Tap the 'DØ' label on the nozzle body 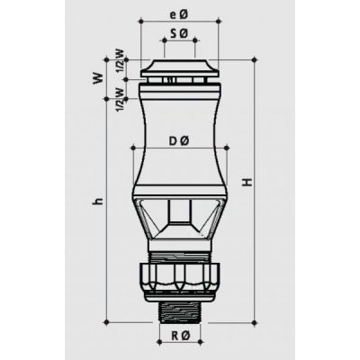[x=177, y=139]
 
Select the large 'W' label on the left [x=97, y=79]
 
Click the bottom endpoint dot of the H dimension [x=256, y=321]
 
